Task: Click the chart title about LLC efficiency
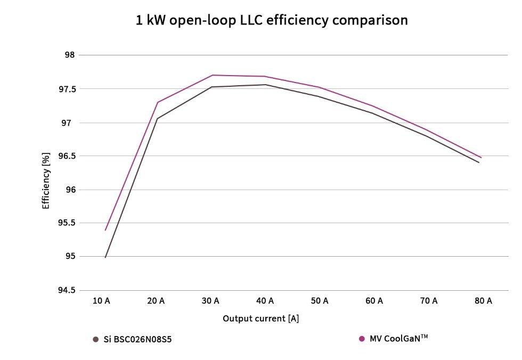(x=272, y=21)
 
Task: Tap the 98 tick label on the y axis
(x=70, y=55)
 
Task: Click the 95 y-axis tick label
(x=70, y=257)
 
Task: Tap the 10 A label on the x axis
(x=101, y=301)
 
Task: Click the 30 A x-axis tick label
(x=210, y=301)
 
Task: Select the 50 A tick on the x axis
(x=320, y=301)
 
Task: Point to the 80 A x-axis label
(x=483, y=301)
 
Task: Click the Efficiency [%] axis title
(x=46, y=181)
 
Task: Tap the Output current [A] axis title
(x=261, y=318)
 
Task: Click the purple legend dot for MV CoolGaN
(x=362, y=338)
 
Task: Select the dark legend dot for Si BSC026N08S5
(x=96, y=339)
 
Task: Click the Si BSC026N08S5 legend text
(x=138, y=339)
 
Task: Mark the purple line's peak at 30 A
(x=213, y=75)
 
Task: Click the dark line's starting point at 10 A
(x=105, y=257)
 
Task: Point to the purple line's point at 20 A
(x=158, y=102)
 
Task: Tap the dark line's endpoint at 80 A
(x=479, y=162)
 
